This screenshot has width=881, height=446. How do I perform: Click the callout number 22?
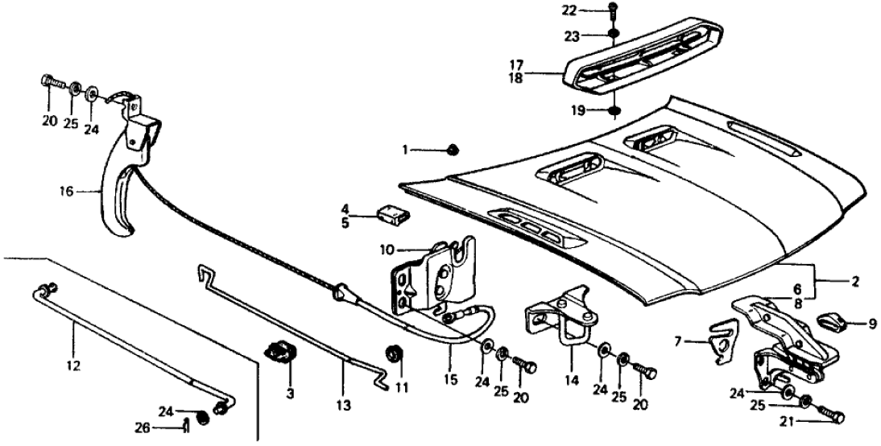tap(592, 10)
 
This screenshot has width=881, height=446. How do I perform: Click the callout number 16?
tap(66, 192)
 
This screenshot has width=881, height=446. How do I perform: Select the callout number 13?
tap(344, 407)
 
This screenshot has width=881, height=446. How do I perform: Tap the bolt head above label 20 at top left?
tap(49, 82)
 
